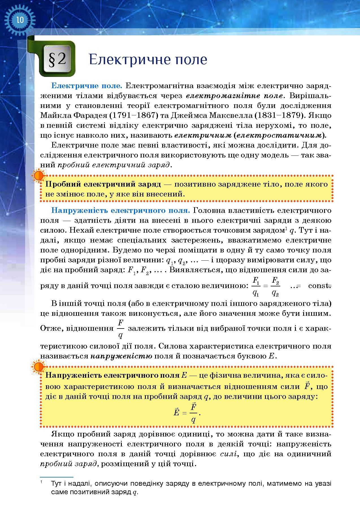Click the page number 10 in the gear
point(20,20)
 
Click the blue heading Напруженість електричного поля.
point(120,210)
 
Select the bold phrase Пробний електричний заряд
point(103,184)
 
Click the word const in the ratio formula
point(318,286)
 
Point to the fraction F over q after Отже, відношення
point(121,329)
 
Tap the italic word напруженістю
point(122,356)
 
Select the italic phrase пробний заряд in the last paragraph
point(69,464)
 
